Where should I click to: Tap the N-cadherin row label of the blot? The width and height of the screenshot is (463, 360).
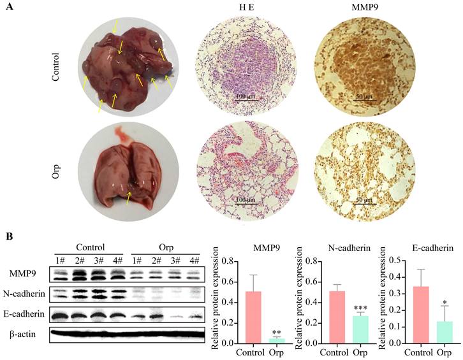click(x=24, y=294)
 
